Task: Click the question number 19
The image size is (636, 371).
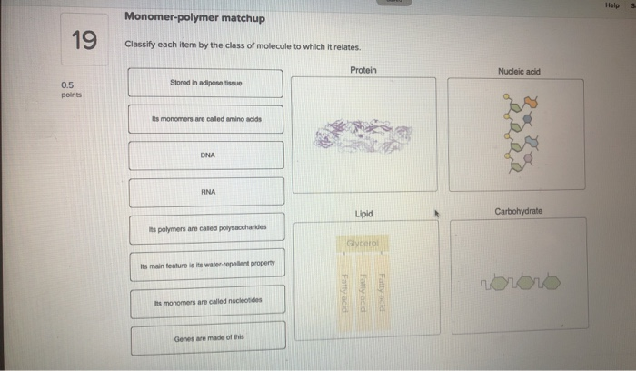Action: point(84,40)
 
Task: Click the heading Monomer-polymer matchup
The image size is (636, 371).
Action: point(194,18)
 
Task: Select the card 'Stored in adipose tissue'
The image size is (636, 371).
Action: point(206,83)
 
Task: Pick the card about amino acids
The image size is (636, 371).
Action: point(206,119)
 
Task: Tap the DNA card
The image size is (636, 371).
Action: point(207,155)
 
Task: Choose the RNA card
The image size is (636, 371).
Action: point(207,192)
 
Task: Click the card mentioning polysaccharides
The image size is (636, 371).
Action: point(207,229)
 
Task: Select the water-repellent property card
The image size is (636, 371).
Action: point(207,265)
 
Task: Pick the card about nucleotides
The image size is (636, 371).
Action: point(207,301)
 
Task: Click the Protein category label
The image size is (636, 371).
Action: point(363,70)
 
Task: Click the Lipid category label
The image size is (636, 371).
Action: point(363,214)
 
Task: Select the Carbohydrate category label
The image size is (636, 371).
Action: point(518,211)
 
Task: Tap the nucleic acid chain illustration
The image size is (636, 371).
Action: point(519,135)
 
